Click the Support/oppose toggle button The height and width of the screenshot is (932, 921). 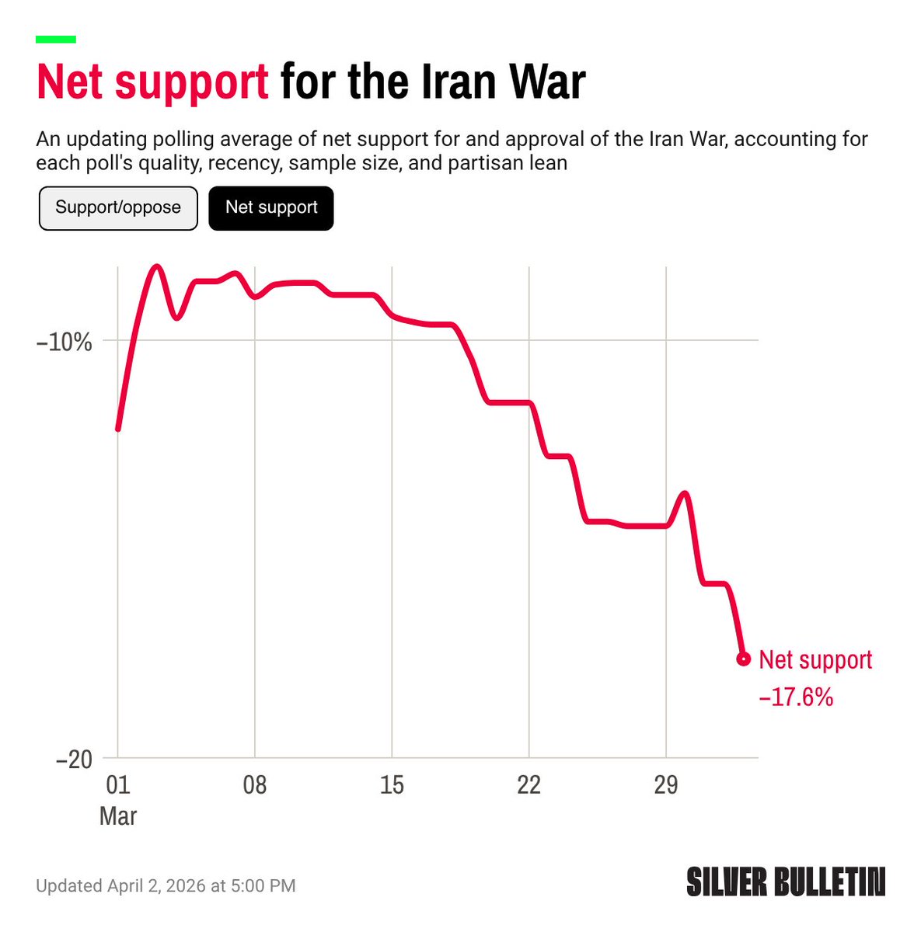coord(118,208)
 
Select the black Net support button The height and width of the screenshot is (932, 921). coord(271,208)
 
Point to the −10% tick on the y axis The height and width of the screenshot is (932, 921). coord(65,342)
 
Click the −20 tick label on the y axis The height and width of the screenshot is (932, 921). coord(74,759)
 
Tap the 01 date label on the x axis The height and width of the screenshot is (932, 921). coord(117,785)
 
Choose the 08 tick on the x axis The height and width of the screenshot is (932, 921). coord(254,785)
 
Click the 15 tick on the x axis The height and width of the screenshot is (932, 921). coord(392,785)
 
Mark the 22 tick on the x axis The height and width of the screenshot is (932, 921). coord(529,785)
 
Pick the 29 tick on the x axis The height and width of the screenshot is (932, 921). coord(666,785)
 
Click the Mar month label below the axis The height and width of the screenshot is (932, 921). coord(118,816)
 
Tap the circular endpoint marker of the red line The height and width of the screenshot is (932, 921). coord(743,659)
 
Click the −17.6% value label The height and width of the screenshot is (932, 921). coord(796,697)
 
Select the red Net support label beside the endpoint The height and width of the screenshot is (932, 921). coord(815,660)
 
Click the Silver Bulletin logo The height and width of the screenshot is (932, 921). coord(786,882)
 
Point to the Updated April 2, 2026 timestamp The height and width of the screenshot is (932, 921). coord(166,885)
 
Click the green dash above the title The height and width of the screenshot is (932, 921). coord(56,39)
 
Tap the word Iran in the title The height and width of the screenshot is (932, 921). coord(457,82)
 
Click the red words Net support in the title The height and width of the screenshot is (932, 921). coord(153,82)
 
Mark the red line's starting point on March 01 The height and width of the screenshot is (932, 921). coord(118,429)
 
